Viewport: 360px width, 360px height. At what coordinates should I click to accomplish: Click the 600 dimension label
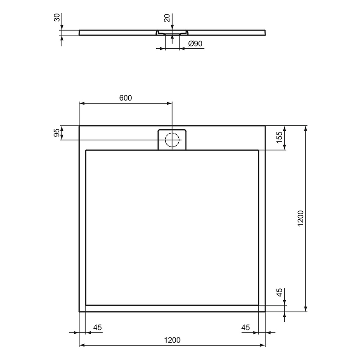[x=125, y=98]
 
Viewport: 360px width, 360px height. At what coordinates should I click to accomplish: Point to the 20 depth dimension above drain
[x=167, y=18]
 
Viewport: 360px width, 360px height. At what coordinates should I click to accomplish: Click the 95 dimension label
[x=57, y=133]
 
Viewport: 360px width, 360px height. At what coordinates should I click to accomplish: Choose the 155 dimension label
[x=279, y=138]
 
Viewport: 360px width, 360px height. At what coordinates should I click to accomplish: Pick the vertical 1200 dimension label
[x=300, y=219]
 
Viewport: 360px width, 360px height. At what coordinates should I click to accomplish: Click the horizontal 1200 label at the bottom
[x=172, y=340]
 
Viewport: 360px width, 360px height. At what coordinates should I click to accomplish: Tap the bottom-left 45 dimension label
[x=97, y=327]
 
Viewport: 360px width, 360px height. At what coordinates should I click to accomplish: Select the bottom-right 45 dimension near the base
[x=246, y=327]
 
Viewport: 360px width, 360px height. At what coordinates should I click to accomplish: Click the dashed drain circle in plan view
[x=172, y=140]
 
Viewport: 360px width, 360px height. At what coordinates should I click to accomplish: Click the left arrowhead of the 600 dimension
[x=82, y=103]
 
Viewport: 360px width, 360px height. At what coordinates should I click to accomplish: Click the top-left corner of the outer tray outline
[x=80, y=126]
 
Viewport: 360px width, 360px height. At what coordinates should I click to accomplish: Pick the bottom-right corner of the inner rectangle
[x=258, y=305]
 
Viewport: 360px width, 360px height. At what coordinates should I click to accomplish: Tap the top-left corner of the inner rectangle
[x=86, y=150]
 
